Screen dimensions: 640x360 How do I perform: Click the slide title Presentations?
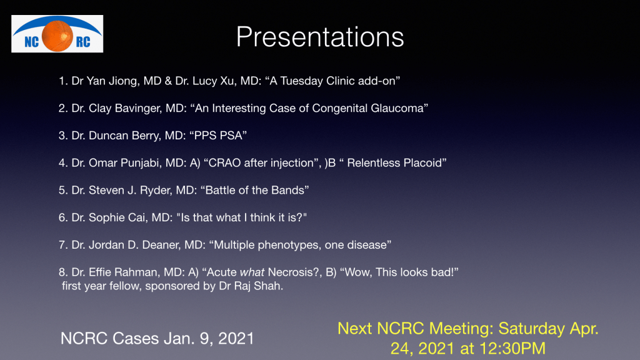coord(320,37)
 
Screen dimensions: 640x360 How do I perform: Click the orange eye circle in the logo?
coord(57,36)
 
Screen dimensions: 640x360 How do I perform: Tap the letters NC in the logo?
coord(31,42)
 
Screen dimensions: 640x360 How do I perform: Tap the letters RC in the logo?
coord(83,42)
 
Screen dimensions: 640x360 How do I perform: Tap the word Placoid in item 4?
coord(423,163)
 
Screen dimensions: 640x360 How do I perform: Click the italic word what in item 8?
coord(252,272)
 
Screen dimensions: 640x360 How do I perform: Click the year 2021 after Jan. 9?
coord(236,338)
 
